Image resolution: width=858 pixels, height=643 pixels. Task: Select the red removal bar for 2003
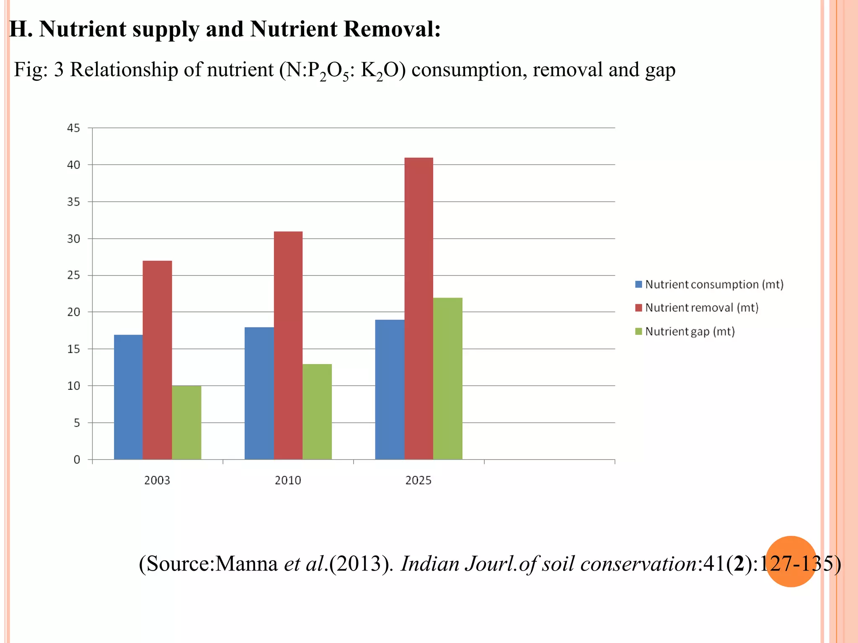pyautogui.click(x=157, y=360)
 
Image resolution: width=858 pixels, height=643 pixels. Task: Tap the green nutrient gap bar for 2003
pyautogui.click(x=186, y=422)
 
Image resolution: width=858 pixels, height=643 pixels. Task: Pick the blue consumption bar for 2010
pyautogui.click(x=259, y=393)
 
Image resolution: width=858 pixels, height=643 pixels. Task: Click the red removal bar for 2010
pyautogui.click(x=288, y=345)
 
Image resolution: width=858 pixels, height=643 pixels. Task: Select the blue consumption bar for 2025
pyautogui.click(x=390, y=389)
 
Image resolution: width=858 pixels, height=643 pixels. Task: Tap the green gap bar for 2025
pyautogui.click(x=448, y=378)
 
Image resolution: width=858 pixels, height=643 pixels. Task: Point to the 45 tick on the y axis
pyautogui.click(x=74, y=128)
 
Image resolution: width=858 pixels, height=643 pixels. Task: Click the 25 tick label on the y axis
pyautogui.click(x=74, y=275)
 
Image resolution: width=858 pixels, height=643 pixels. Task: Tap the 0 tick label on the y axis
pyautogui.click(x=77, y=460)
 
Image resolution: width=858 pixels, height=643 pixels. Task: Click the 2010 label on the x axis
pyautogui.click(x=288, y=480)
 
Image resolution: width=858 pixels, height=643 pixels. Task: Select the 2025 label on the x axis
pyautogui.click(x=418, y=480)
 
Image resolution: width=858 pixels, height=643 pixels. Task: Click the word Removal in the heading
pyautogui.click(x=391, y=29)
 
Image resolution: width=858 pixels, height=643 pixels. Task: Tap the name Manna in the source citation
pyautogui.click(x=246, y=564)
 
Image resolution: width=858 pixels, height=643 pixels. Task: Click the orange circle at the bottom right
pyautogui.click(x=791, y=561)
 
